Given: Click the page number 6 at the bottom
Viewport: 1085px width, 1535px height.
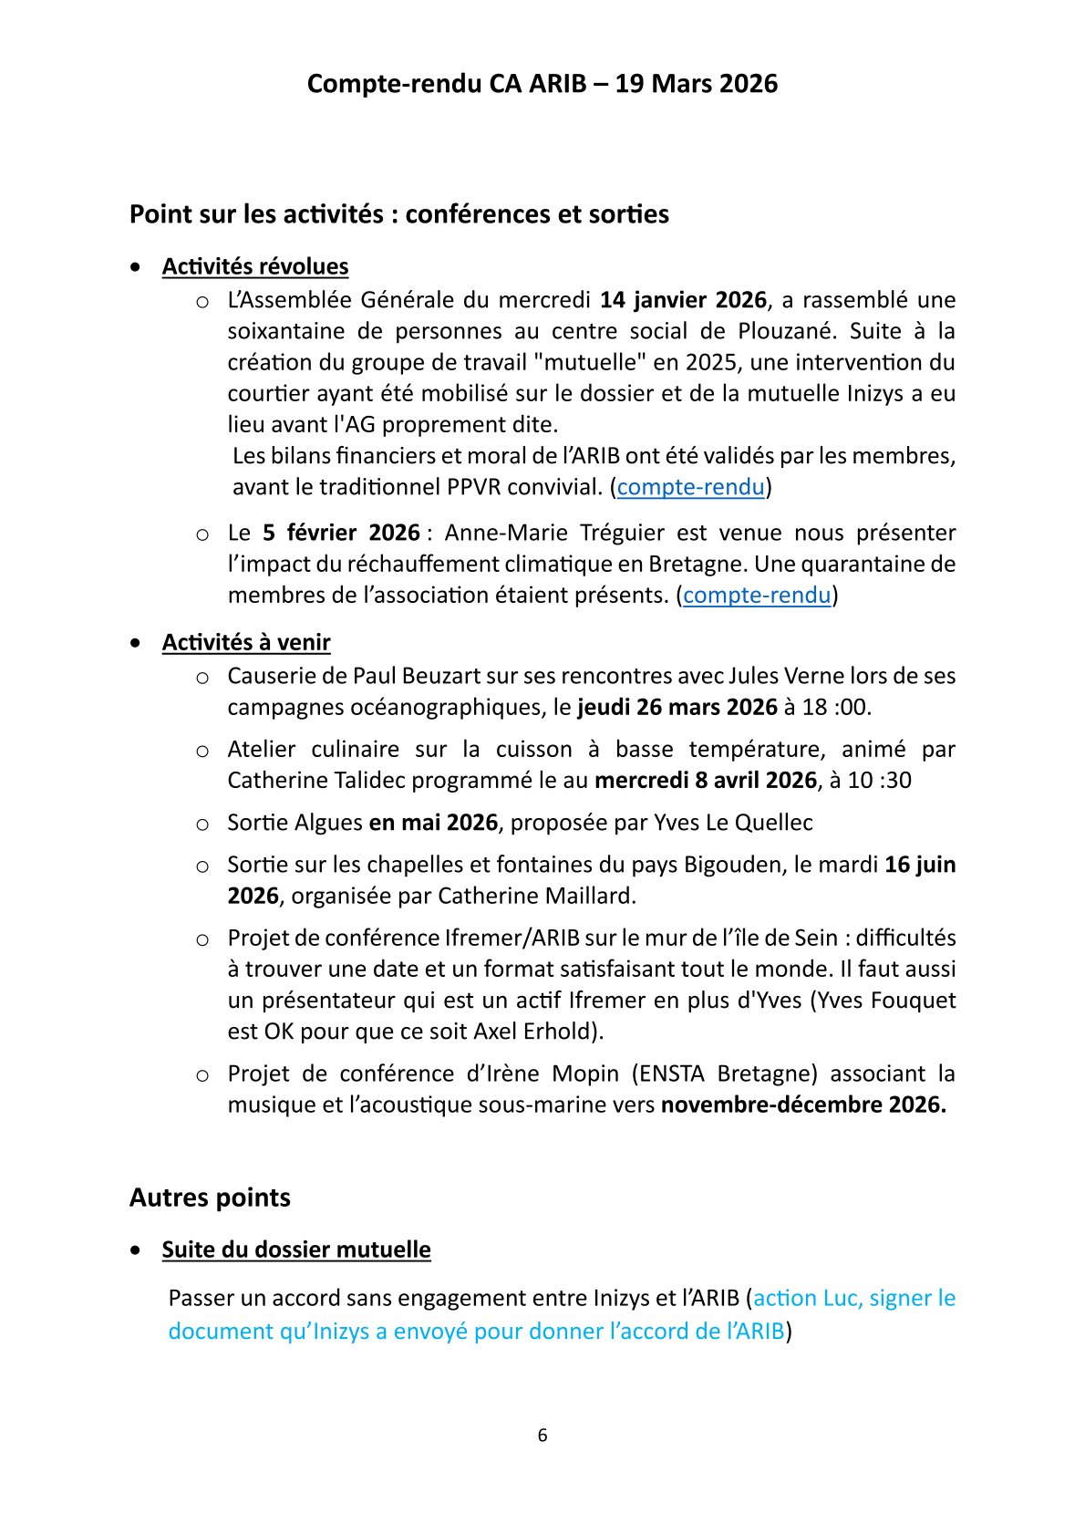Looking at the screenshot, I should pos(542,1436).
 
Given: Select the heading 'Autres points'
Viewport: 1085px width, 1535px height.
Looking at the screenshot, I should pos(210,1198).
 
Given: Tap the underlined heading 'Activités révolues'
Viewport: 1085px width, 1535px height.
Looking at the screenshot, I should pos(255,266).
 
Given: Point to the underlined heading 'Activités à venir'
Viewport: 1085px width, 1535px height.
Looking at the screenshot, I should pos(246,642).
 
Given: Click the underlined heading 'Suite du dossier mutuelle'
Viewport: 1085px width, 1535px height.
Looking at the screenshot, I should pos(296,1250).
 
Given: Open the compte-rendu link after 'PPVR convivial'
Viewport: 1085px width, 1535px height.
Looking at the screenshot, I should pos(690,487).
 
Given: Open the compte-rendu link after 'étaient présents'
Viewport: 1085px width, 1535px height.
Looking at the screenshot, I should pos(757,596).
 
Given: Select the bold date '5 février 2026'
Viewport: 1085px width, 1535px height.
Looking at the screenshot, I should pos(341,533).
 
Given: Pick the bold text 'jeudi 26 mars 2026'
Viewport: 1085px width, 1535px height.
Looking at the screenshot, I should pos(677,707).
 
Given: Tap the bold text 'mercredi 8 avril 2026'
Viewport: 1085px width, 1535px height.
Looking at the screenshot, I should pos(705,781).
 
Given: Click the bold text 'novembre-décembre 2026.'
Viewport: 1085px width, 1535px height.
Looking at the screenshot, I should pos(803,1105).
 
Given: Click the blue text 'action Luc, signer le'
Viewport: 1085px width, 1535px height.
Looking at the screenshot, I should pos(854,1298).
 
